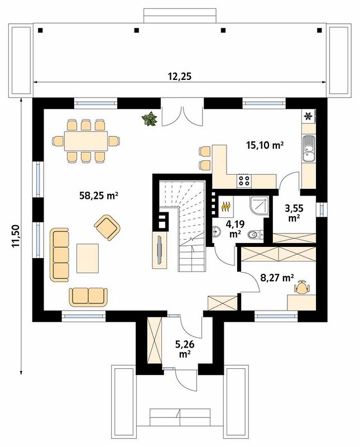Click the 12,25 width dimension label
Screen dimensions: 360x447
tap(179, 77)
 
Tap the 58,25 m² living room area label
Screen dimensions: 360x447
tap(99, 196)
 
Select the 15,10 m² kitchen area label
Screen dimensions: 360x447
tap(265, 145)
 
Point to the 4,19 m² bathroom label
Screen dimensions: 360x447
tap(235, 229)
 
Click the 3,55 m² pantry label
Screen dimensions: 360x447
tap(294, 213)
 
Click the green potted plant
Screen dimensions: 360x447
tap(150, 119)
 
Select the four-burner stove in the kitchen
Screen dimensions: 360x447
tap(244, 180)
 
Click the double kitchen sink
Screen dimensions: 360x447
tap(309, 148)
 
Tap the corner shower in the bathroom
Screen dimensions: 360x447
tap(259, 205)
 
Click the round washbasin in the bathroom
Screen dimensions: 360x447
tap(217, 231)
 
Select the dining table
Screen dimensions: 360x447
tap(86, 141)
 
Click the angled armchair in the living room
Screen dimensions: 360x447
tap(107, 227)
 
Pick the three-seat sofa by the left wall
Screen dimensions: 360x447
tap(60, 255)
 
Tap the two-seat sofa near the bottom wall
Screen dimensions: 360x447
tap(88, 297)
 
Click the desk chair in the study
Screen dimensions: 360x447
tap(301, 287)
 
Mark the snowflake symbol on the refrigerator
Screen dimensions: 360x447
tap(308, 116)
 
